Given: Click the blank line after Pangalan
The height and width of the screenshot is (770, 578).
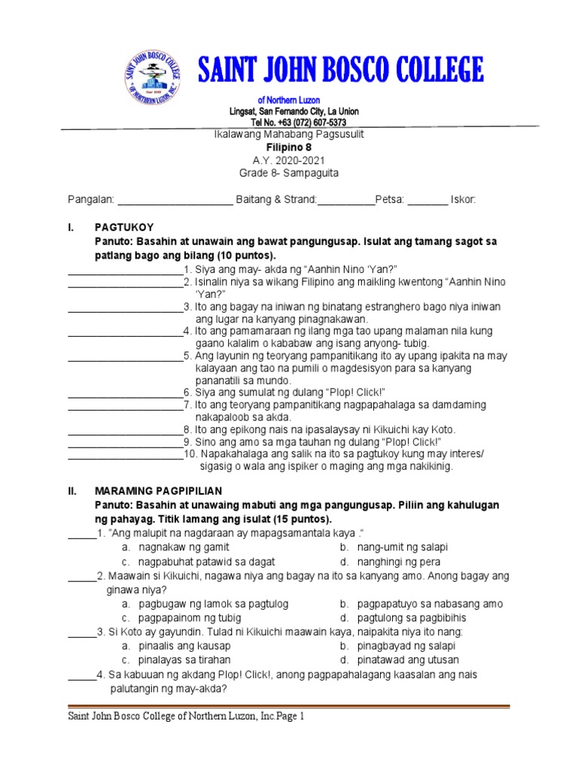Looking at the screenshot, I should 175,201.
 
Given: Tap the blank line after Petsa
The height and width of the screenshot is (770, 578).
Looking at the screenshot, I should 427,201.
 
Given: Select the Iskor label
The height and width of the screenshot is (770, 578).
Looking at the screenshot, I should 463,199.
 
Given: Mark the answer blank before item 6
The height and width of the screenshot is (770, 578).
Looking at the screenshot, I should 125,393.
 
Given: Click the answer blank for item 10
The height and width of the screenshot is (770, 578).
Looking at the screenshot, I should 125,454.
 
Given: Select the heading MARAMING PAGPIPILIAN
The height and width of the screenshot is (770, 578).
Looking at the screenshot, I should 158,490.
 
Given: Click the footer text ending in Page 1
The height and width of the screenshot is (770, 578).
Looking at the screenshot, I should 186,717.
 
